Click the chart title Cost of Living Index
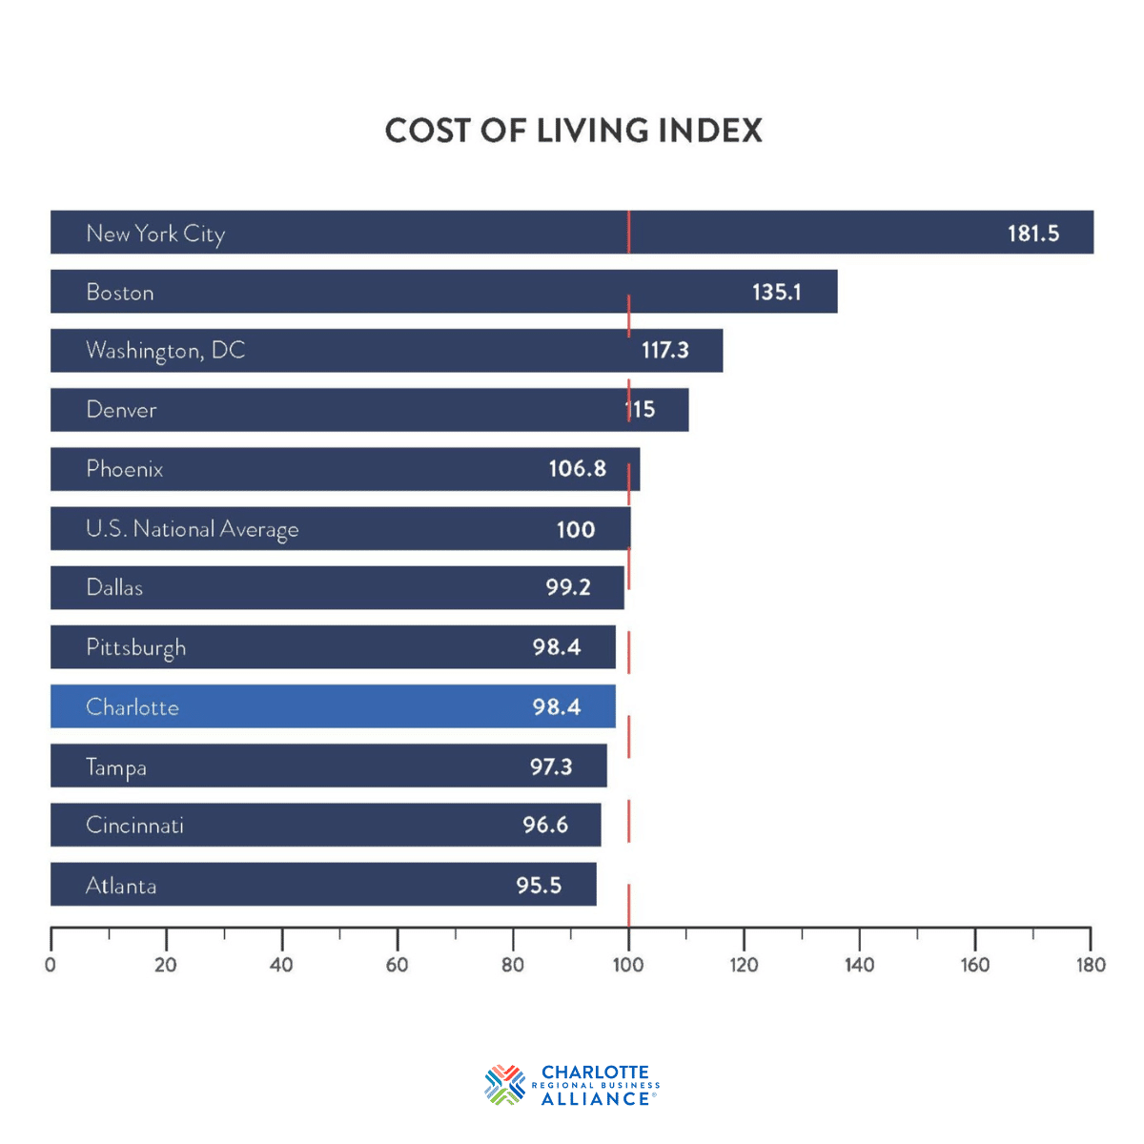point(573,131)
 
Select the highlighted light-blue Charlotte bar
point(333,706)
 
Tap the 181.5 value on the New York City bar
point(1033,234)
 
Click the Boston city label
point(120,293)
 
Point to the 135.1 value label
point(776,293)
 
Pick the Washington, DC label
point(166,351)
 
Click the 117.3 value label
point(664,351)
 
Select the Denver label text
point(121,410)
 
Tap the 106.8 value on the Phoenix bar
point(577,469)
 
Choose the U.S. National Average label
point(192,529)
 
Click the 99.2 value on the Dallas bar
point(568,587)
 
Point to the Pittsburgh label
point(135,648)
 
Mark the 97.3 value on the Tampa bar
point(551,767)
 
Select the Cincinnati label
point(134,826)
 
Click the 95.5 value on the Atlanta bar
point(539,886)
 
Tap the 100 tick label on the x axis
point(628,965)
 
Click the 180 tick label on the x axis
point(1091,965)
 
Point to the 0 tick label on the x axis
point(51,965)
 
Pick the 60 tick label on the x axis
point(397,965)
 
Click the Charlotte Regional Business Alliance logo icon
point(504,1085)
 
